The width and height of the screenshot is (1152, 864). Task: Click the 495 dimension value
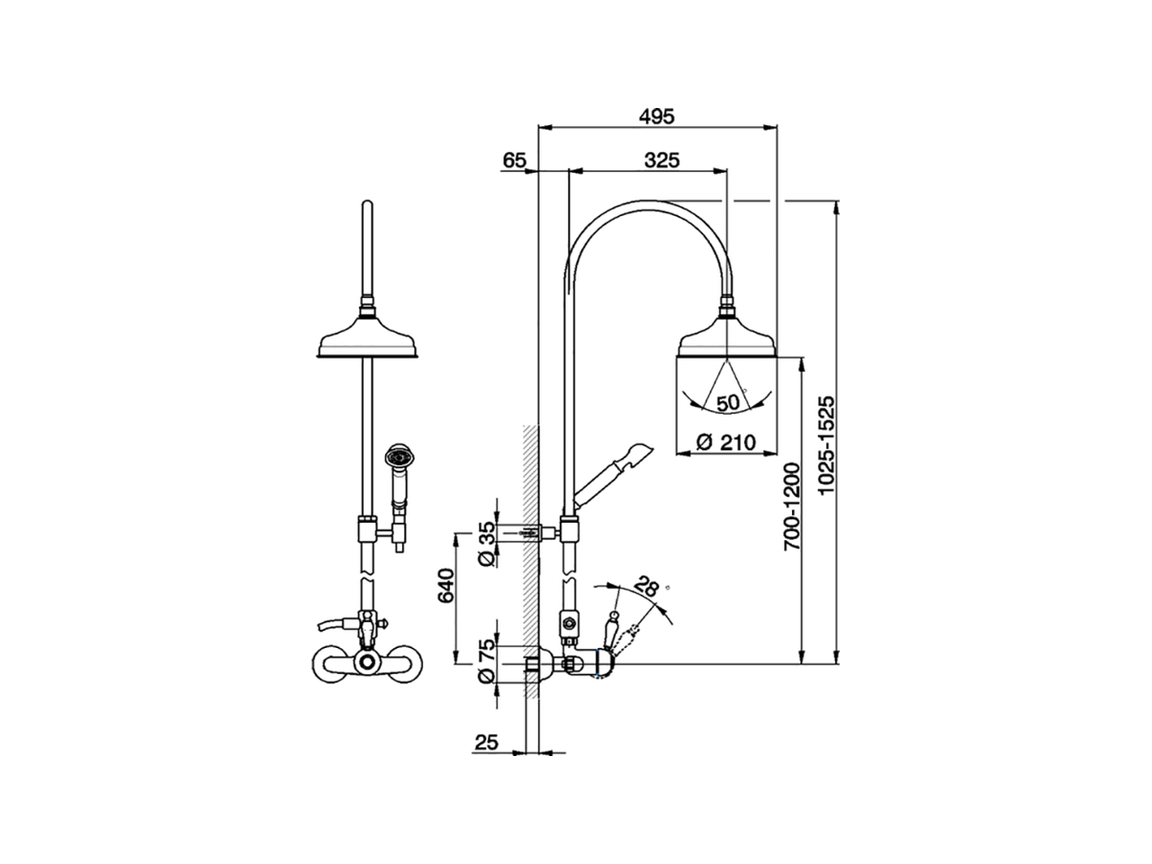(656, 116)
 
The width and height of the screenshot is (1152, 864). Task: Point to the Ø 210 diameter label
(724, 442)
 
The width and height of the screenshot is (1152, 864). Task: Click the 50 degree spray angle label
(729, 402)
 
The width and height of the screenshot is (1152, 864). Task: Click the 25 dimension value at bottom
(486, 742)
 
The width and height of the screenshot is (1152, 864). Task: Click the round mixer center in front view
(366, 664)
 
